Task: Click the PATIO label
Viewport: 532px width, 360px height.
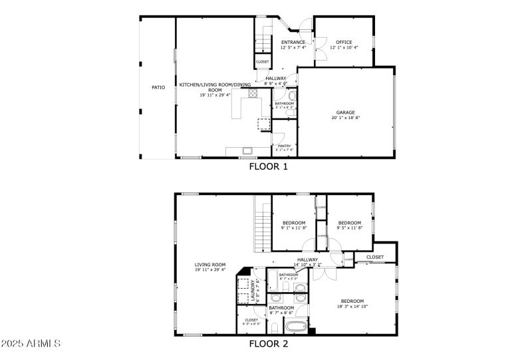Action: click(158, 87)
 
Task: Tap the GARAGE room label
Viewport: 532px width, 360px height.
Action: click(345, 113)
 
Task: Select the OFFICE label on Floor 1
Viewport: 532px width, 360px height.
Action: click(343, 42)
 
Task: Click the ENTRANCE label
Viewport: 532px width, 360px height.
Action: click(293, 42)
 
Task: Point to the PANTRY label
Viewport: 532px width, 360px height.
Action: click(284, 146)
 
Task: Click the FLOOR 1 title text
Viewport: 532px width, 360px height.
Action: click(268, 167)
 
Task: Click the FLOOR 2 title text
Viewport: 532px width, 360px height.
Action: click(268, 344)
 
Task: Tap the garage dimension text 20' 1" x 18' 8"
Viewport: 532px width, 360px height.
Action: click(345, 118)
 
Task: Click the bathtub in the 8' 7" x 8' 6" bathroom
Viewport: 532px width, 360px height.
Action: click(295, 327)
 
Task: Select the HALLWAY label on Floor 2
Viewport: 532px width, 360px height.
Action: click(307, 260)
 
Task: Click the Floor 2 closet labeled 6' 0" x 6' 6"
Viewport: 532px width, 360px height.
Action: click(251, 321)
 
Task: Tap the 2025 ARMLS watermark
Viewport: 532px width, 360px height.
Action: click(31, 344)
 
